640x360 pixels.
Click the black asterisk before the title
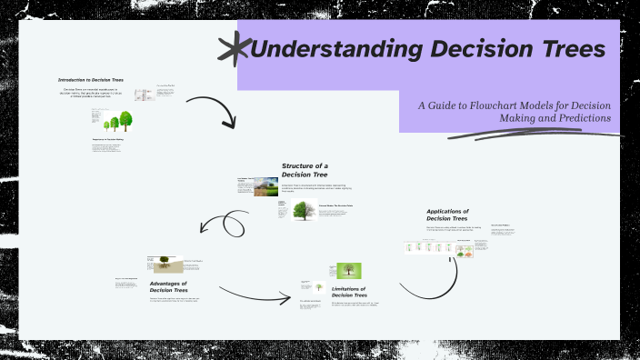coord(235,48)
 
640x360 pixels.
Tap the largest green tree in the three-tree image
coord(125,119)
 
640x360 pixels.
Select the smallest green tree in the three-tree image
coord(107,125)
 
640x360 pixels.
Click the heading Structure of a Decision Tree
coord(305,170)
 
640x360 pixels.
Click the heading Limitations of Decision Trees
coord(348,292)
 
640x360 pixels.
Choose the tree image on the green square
coord(348,271)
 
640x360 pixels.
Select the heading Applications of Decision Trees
coord(446,215)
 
